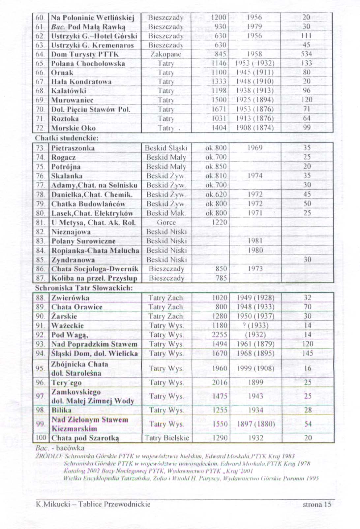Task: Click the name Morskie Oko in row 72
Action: pos(73,128)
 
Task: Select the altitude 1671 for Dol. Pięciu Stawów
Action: pos(219,109)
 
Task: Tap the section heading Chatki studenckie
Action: pos(67,138)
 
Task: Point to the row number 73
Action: pos(41,148)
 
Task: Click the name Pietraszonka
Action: pos(73,148)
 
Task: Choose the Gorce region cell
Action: pos(166,222)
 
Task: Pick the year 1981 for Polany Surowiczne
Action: pos(255,241)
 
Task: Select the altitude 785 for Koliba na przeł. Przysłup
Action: pos(221,278)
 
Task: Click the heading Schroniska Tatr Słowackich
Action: pos(84,288)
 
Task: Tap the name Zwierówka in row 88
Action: pos(70,298)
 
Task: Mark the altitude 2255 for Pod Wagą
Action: pos(219,335)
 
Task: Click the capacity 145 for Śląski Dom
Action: pos(307,353)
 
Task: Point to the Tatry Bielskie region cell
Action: pos(167,438)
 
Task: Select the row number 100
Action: pos(41,438)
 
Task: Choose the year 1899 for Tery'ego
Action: pos(255,383)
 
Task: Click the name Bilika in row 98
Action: pos(62,410)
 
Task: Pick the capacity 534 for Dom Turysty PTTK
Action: pos(307,54)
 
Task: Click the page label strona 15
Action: pos(316,504)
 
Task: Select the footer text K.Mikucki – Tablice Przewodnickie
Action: pos(93,504)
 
